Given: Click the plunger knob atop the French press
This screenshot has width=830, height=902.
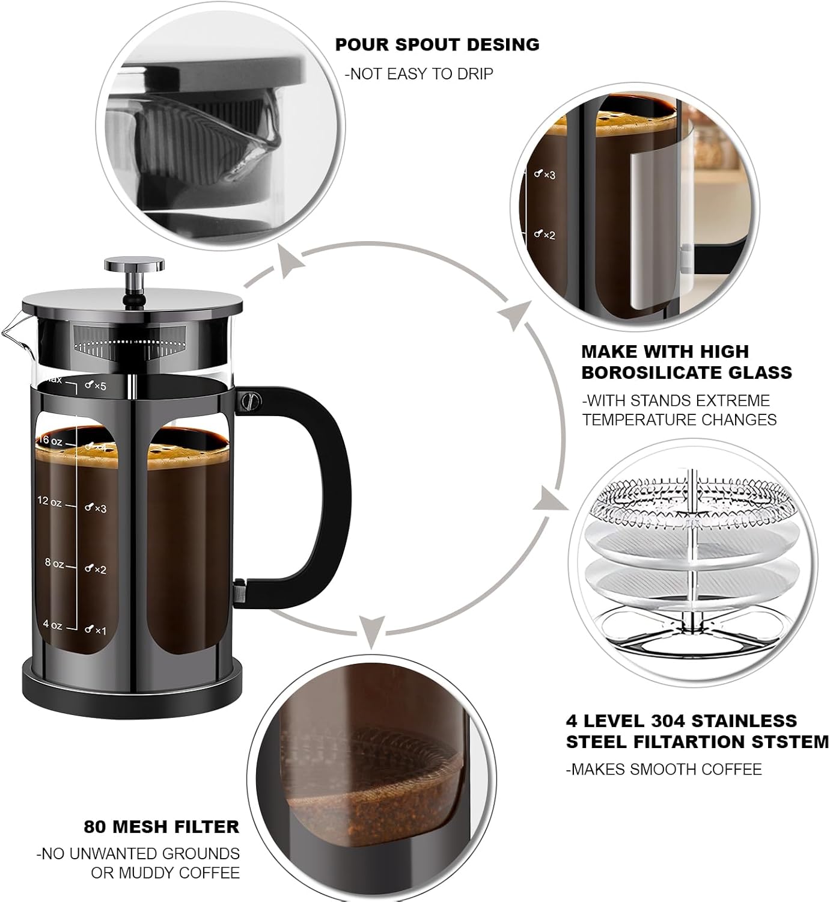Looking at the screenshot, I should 134,265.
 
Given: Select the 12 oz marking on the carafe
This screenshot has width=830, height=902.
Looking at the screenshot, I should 50,502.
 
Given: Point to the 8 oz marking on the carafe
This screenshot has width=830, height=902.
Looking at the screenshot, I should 53,563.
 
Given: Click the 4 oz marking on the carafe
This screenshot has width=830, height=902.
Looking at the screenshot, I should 52,625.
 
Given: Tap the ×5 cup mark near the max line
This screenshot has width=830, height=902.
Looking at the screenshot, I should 96,386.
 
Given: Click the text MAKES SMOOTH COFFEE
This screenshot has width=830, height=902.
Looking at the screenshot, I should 664,769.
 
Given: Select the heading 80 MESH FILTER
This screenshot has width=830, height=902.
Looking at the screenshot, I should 161,827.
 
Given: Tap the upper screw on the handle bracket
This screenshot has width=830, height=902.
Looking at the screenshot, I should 248,400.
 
